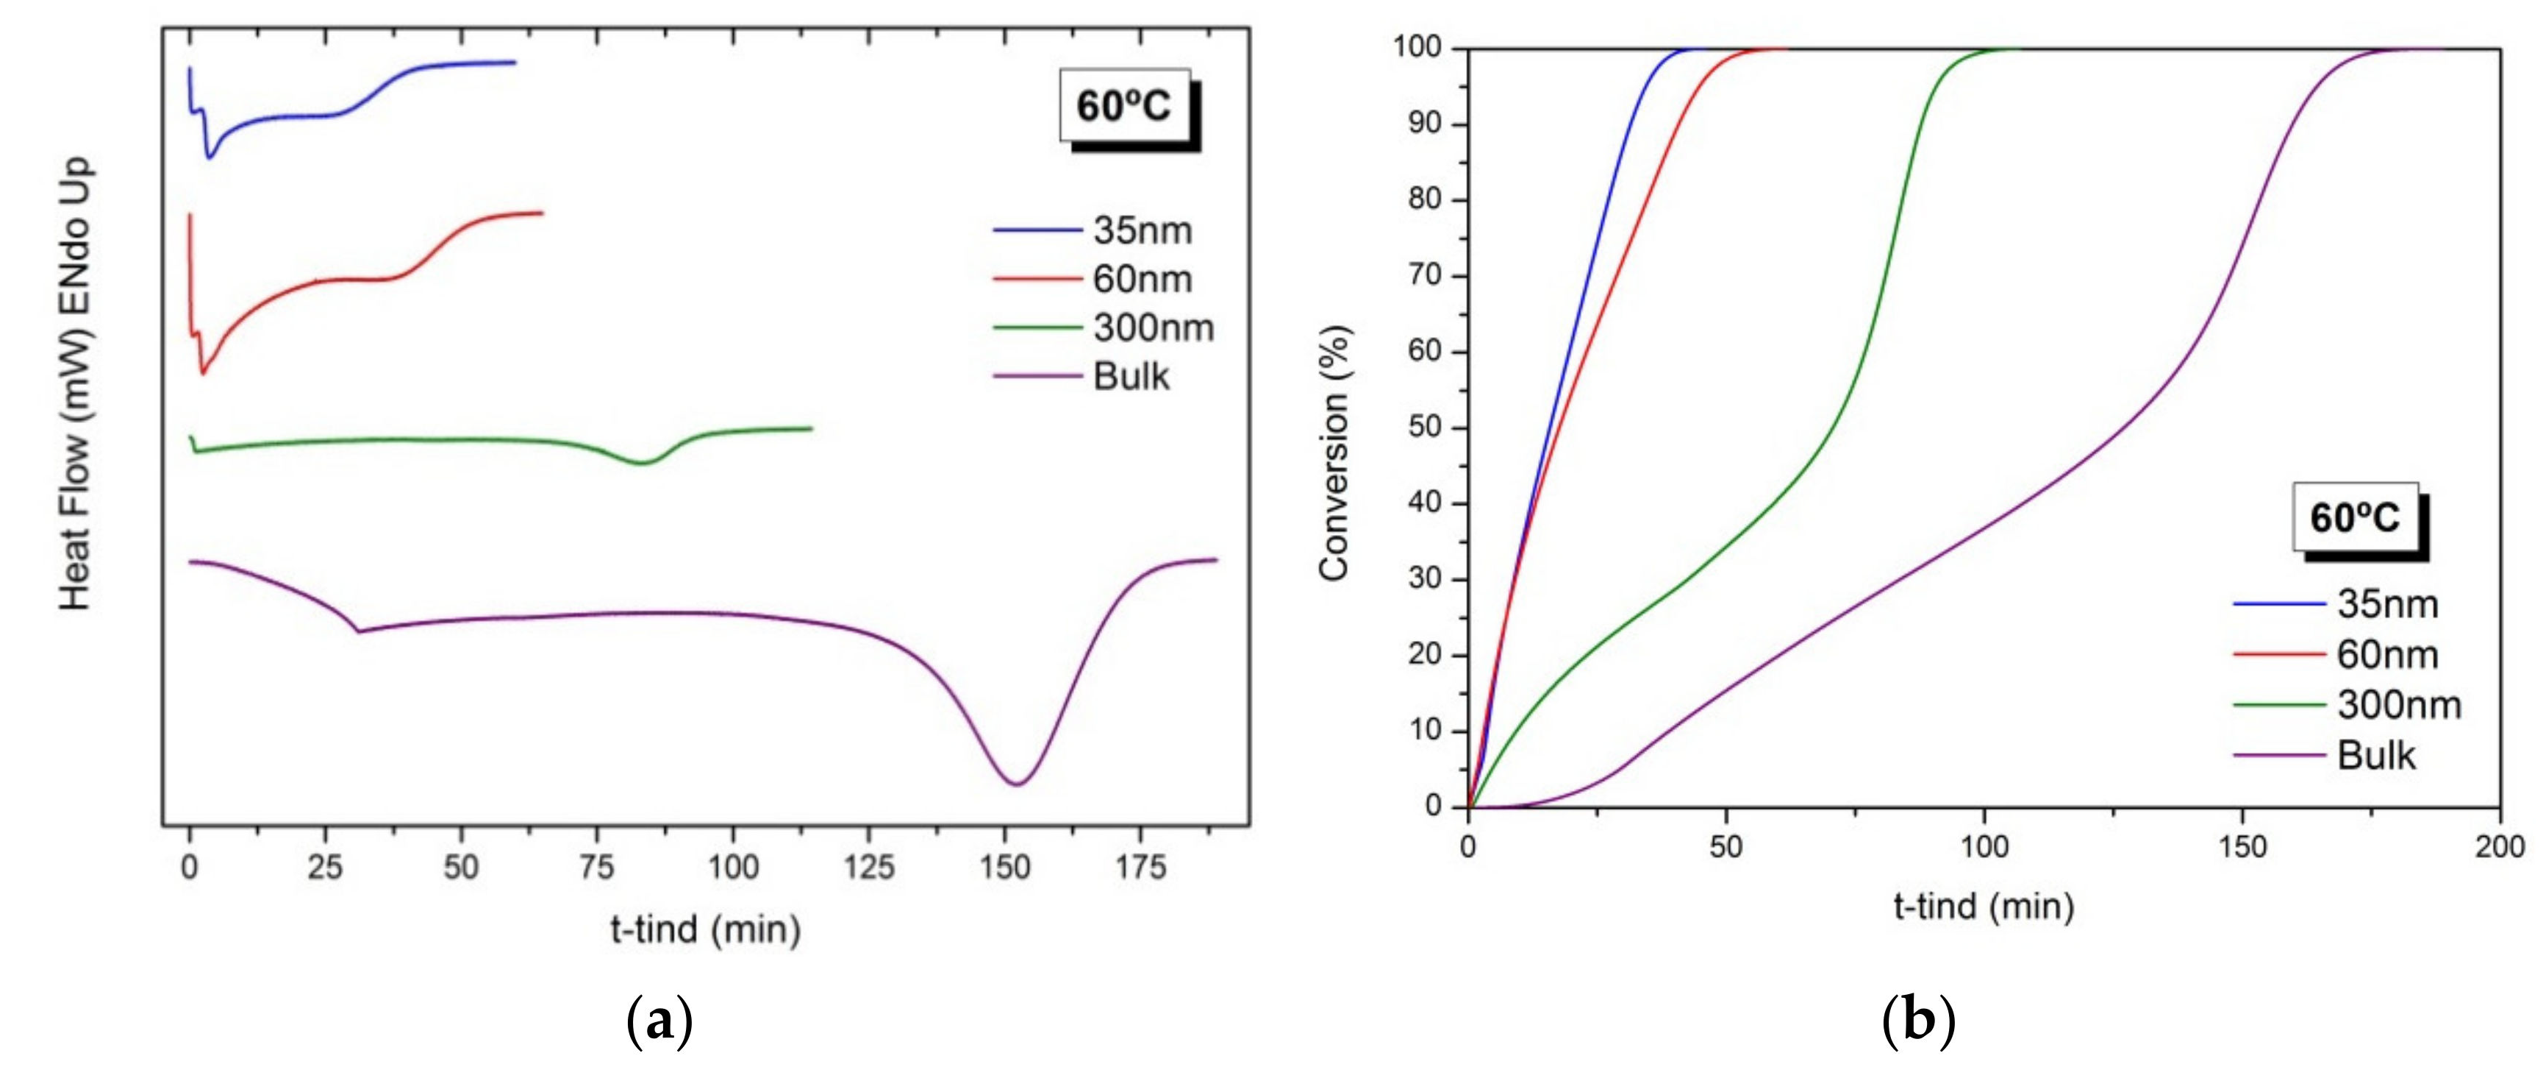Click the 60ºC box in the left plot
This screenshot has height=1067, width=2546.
(x=1125, y=106)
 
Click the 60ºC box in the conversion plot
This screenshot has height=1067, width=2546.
(x=2356, y=517)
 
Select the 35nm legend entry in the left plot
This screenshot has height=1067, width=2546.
(x=1104, y=230)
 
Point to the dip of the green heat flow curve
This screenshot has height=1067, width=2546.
(x=643, y=463)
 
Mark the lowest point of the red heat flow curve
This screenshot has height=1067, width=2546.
(x=203, y=373)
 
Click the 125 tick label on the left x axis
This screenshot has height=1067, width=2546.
(x=869, y=868)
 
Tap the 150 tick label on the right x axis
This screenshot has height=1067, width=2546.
(x=2242, y=848)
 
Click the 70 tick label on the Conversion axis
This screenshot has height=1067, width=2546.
(x=1424, y=276)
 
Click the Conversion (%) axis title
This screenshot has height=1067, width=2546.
(x=1334, y=453)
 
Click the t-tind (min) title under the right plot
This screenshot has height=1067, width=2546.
(x=1984, y=906)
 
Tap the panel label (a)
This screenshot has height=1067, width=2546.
(x=659, y=1021)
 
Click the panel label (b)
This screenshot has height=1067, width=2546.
(x=1918, y=1021)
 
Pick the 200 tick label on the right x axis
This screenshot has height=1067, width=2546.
(x=2500, y=848)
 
